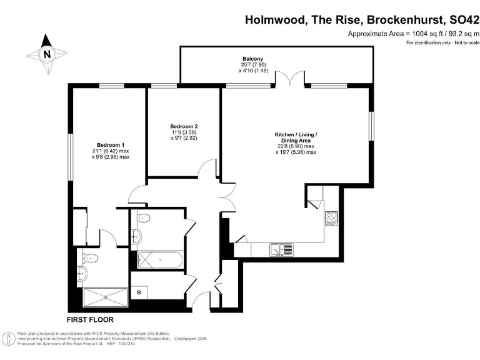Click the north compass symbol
46,54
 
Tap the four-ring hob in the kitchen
331,219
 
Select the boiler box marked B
139,292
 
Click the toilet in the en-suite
91,258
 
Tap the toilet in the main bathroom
144,219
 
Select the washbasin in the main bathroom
136,236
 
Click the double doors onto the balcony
284,79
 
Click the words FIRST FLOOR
91,319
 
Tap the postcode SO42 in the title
459,20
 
